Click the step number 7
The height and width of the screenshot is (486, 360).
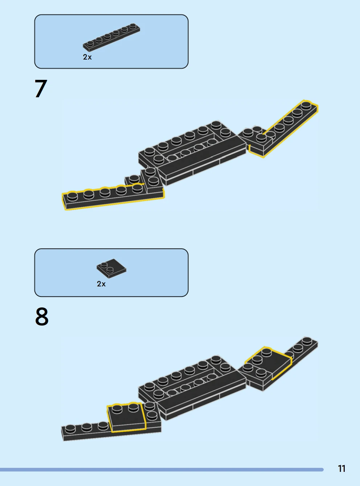click(41, 89)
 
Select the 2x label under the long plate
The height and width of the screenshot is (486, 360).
click(87, 57)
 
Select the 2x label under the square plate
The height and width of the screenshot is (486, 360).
click(101, 284)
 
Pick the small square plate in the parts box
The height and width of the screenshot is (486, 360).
click(111, 269)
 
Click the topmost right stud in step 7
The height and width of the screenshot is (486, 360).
click(306, 106)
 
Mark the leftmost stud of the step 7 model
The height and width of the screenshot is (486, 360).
click(73, 196)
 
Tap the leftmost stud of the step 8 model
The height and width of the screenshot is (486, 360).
click(70, 429)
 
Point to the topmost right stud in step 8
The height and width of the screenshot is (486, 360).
click(307, 341)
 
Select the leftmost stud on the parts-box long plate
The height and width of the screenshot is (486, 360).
click(90, 44)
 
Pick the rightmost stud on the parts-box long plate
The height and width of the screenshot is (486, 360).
click(133, 26)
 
